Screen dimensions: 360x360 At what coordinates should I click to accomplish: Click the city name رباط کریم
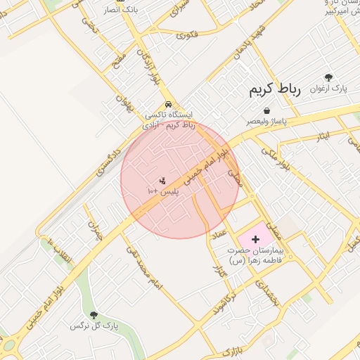(274, 89)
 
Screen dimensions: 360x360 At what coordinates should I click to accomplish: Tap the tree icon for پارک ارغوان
(328, 77)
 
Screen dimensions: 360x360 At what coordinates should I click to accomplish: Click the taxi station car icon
(168, 103)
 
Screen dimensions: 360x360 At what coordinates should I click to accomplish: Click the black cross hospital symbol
(255, 240)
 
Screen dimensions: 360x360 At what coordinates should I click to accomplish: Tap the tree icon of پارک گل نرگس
(94, 315)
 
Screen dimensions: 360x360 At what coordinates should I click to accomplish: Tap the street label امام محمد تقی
(142, 269)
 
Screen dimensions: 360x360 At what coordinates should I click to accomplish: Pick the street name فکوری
(188, 33)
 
